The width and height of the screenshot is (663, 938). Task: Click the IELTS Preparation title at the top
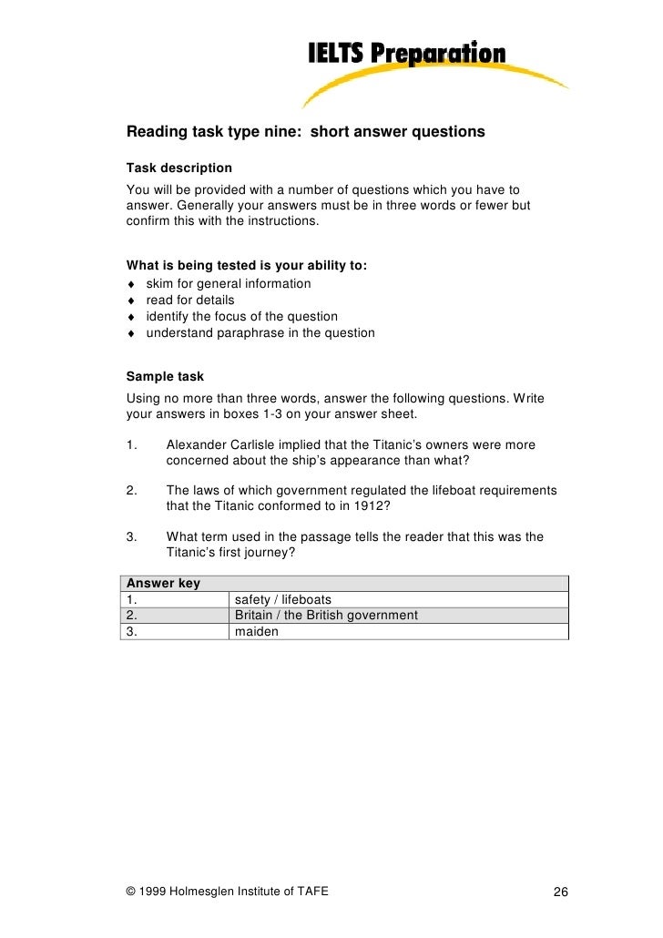tap(404, 55)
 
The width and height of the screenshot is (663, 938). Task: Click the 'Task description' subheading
tap(178, 168)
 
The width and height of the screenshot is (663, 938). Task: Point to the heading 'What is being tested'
tap(246, 266)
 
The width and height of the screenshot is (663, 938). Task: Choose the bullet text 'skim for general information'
tap(229, 283)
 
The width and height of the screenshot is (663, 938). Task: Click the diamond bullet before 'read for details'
tap(132, 301)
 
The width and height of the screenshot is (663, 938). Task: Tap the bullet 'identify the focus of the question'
tap(241, 316)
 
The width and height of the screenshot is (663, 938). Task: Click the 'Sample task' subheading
tap(165, 376)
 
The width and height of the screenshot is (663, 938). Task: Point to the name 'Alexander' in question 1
tap(197, 444)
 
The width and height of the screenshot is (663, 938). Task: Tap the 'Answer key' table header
tap(163, 583)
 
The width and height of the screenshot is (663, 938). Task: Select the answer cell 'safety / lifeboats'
tap(283, 599)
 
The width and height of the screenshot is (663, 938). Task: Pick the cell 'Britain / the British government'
tap(326, 615)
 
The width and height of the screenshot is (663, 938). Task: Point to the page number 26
tap(561, 892)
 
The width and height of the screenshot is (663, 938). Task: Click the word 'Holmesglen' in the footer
tap(194, 891)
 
